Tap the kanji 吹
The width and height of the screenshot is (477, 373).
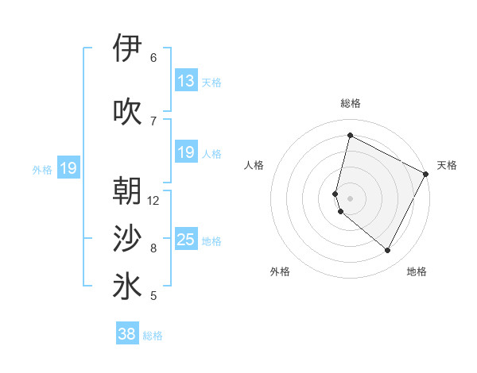[x=127, y=112]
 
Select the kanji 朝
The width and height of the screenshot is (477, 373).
[x=127, y=191]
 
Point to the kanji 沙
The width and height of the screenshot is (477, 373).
[x=127, y=238]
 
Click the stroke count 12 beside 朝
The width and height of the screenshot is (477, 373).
[x=153, y=200]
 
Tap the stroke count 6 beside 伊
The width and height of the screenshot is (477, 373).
[x=153, y=57]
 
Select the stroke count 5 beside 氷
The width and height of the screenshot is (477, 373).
[x=153, y=296]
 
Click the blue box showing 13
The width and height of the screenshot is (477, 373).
[x=186, y=81]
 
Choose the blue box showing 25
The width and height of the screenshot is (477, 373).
[x=186, y=240]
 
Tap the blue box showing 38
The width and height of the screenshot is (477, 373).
[x=127, y=334]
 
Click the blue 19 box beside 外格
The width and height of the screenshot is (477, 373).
[x=68, y=168]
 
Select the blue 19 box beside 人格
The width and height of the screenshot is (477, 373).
[x=186, y=152]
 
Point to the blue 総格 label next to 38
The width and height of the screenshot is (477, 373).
[x=153, y=336]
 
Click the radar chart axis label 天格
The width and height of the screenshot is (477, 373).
[x=447, y=165]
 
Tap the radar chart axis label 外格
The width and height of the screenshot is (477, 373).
[x=280, y=271]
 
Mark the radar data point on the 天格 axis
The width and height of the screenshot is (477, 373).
[x=427, y=174]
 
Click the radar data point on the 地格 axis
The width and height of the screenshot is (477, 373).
[x=388, y=251]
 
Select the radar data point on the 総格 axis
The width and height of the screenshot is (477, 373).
[x=350, y=135]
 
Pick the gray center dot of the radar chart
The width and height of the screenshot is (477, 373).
[x=350, y=198]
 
